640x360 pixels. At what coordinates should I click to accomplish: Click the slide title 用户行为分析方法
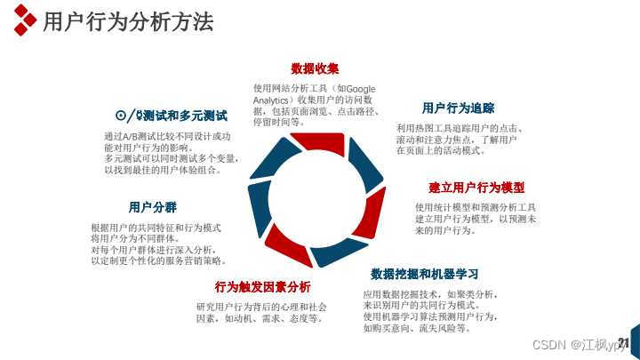coord(128,23)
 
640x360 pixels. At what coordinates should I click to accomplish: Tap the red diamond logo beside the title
coord(26,22)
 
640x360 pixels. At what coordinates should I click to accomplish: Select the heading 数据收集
coord(315,68)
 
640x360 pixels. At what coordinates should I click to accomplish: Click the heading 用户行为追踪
coord(458,108)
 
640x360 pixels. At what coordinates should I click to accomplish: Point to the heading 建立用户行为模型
coord(476,188)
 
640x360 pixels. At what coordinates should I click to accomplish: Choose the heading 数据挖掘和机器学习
coord(425,273)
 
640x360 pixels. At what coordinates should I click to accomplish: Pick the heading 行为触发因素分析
coord(262,286)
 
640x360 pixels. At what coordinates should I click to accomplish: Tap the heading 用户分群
coord(152,207)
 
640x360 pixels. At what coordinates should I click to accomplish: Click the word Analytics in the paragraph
coord(272,100)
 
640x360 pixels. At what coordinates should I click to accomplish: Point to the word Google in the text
coord(361,89)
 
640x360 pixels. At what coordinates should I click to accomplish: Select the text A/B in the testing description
coord(132,137)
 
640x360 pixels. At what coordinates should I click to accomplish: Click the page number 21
coord(623,343)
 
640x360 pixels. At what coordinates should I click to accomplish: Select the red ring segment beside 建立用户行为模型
coord(375,213)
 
